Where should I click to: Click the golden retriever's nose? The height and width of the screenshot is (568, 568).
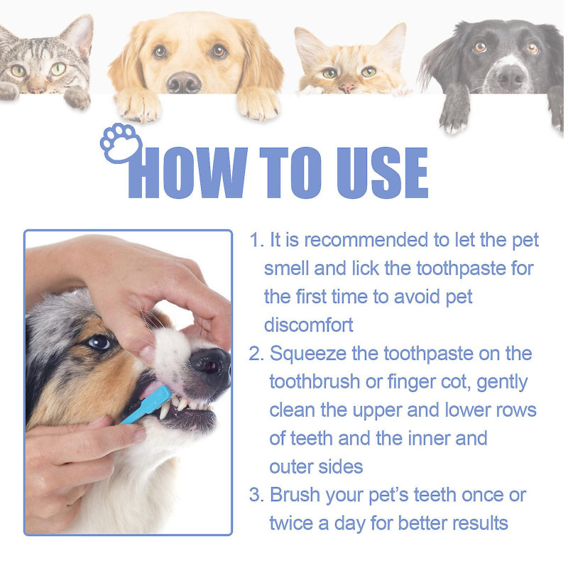(x=184, y=82)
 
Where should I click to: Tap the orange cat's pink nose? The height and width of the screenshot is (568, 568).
(x=348, y=87)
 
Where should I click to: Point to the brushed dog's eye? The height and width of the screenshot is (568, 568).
(x=100, y=343)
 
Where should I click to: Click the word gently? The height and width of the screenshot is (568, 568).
(x=503, y=382)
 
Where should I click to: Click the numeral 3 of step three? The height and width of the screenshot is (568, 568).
(x=255, y=494)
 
